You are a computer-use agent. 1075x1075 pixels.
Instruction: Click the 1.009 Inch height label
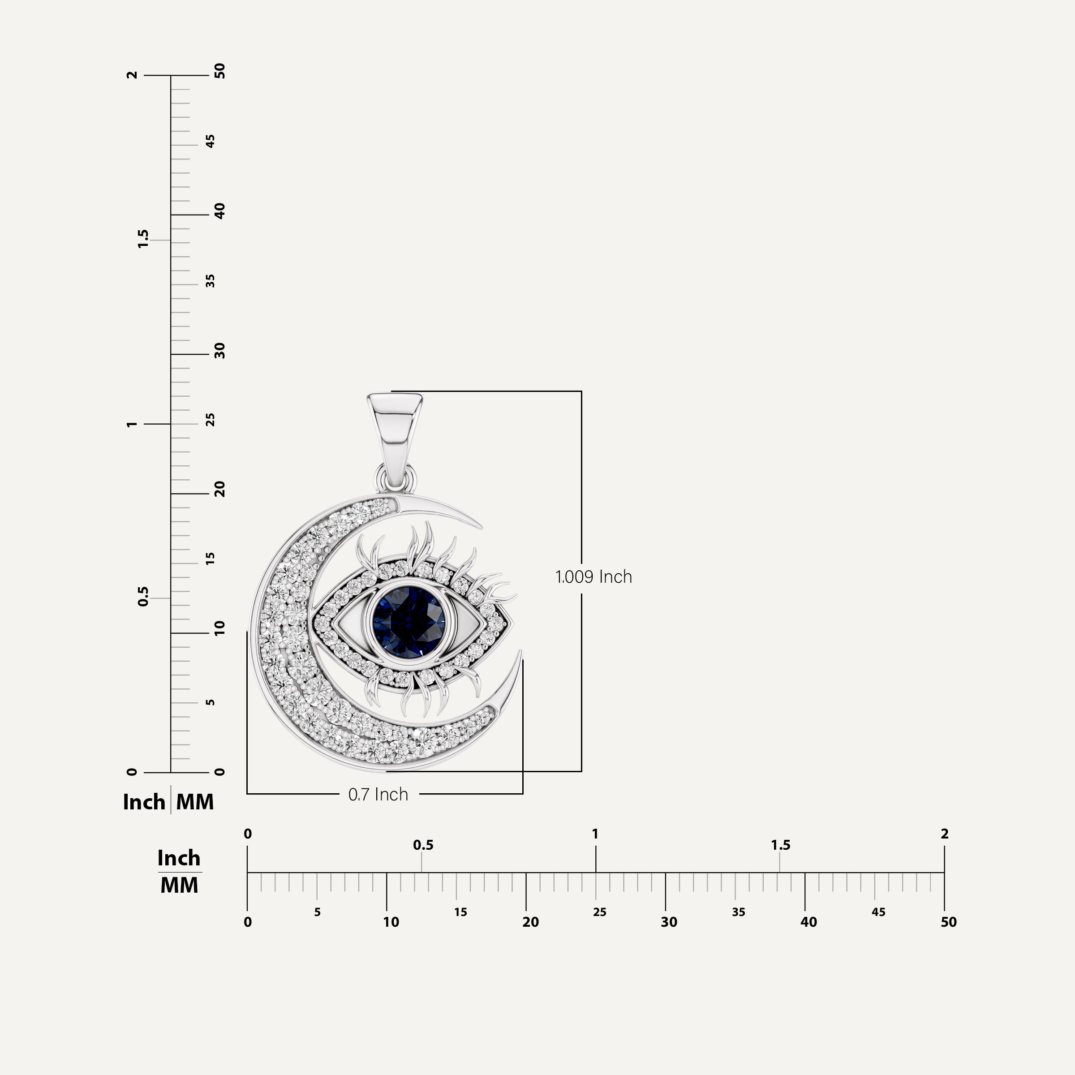click(x=593, y=577)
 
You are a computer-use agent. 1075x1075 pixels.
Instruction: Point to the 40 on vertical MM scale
click(x=220, y=211)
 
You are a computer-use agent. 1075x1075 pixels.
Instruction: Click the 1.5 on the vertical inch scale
click(x=143, y=239)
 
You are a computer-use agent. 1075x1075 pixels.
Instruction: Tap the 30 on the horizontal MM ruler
click(x=669, y=922)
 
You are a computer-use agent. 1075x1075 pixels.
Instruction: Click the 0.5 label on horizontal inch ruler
click(x=423, y=845)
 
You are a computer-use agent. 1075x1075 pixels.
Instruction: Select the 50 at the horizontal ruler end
click(x=948, y=922)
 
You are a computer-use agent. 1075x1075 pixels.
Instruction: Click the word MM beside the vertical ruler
click(x=195, y=802)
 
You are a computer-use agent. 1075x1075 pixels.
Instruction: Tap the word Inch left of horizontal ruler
click(x=179, y=858)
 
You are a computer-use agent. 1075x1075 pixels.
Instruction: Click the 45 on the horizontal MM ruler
click(x=878, y=912)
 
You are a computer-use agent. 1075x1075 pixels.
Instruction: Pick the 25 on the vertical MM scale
click(x=211, y=420)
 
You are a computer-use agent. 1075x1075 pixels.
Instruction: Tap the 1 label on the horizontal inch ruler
click(x=595, y=834)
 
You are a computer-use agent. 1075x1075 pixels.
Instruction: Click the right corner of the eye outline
click(x=510, y=622)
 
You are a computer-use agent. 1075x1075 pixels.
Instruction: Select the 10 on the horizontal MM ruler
click(x=391, y=922)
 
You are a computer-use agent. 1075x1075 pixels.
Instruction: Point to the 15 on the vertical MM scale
click(x=211, y=559)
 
